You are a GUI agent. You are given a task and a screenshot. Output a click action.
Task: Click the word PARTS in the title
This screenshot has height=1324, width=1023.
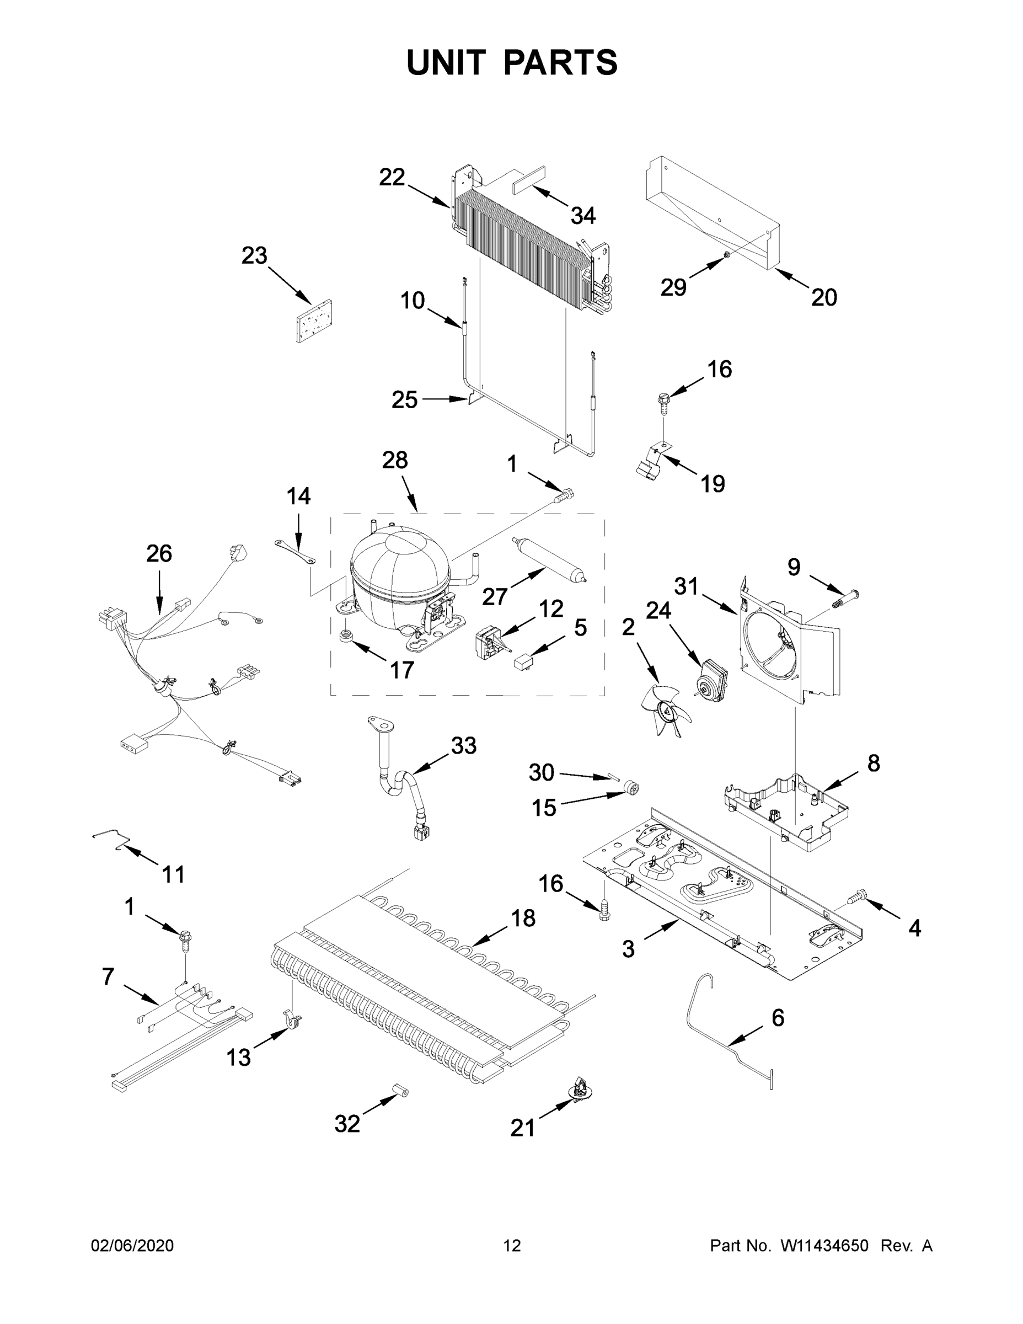point(561,62)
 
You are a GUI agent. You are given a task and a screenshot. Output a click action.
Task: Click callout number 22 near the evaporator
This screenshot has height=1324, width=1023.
point(392,178)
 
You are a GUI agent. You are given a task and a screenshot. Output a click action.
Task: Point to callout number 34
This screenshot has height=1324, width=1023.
point(583,215)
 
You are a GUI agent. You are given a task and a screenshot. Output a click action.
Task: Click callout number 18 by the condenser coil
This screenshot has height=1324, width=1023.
point(523,919)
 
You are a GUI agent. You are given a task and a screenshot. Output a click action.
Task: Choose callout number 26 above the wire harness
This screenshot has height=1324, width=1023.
point(159,553)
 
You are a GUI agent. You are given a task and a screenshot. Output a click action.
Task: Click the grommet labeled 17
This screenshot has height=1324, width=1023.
point(347,637)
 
